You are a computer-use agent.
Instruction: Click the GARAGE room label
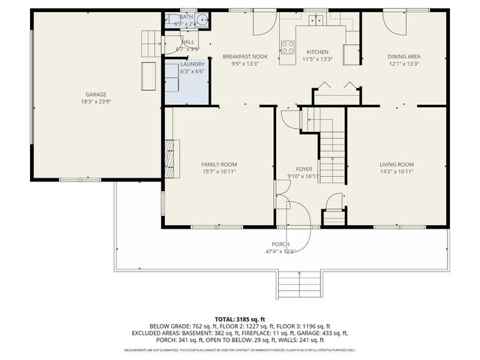tap(94, 95)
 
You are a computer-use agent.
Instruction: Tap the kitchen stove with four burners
tap(287, 47)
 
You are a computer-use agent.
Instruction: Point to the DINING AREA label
tap(403, 57)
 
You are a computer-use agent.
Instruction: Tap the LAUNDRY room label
tap(192, 64)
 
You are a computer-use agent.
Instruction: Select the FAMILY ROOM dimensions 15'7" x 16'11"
tap(218, 171)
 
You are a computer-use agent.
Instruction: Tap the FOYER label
tap(304, 169)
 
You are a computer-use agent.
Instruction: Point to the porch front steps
tap(299, 283)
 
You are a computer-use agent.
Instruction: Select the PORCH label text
tap(280, 244)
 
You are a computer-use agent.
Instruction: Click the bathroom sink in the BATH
tap(171, 20)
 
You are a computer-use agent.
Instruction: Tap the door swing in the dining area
tap(394, 22)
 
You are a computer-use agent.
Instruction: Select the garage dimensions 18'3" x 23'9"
tap(94, 102)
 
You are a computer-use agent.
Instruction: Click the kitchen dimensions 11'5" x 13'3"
tap(316, 58)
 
